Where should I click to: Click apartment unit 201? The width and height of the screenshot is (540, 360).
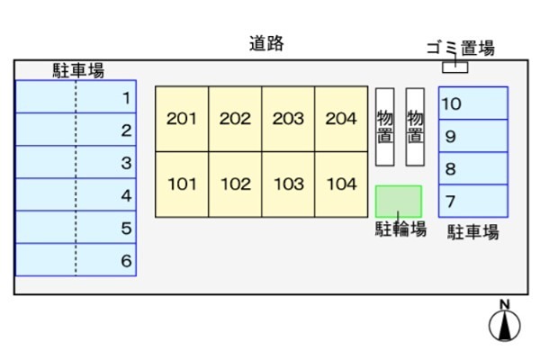point(182,119)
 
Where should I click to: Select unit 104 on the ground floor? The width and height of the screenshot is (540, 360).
point(341,184)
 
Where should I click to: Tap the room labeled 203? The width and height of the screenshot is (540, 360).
point(288,119)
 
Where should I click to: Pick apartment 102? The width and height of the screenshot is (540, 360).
point(235,184)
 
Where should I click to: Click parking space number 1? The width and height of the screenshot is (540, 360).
point(76,97)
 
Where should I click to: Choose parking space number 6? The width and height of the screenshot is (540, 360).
point(76,260)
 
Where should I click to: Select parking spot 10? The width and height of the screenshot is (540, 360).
point(473,103)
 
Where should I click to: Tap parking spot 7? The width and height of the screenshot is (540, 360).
point(473,201)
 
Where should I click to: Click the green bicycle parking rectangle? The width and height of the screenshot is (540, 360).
point(399,202)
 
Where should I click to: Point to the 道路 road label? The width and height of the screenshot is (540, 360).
point(266,44)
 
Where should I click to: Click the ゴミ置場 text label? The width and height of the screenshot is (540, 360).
point(461,48)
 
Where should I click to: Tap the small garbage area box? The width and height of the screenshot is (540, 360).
point(454,67)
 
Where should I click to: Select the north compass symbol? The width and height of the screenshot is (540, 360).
point(505,325)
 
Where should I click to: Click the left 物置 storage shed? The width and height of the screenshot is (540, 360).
point(384,127)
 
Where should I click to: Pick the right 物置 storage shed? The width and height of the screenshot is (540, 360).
point(415,127)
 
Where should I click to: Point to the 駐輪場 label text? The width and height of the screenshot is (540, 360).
point(400,229)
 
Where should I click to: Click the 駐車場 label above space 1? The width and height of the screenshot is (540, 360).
point(78,70)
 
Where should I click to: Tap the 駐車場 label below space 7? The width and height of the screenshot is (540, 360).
point(473,232)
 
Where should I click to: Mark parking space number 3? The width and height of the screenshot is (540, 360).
point(76,162)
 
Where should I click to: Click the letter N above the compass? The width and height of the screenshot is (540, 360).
point(505,304)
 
